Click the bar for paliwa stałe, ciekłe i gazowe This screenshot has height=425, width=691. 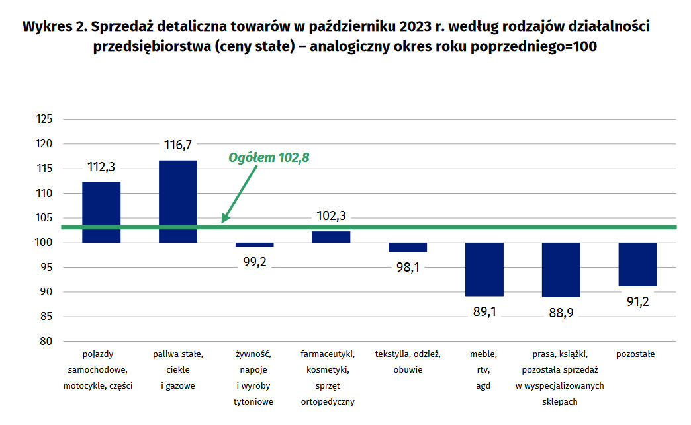(178, 201)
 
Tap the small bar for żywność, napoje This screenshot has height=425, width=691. (255, 245)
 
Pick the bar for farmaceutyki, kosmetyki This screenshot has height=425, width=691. (331, 237)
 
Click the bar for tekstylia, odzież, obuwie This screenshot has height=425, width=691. (408, 247)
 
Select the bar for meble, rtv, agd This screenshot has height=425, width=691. (484, 269)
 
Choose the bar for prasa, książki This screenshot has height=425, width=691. (561, 270)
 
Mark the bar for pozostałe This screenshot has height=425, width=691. (637, 264)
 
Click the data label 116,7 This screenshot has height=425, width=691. (178, 145)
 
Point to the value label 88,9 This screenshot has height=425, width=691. (561, 313)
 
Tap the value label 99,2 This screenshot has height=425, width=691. (255, 262)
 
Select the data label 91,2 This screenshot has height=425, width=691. (637, 301)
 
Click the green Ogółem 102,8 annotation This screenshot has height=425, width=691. (269, 158)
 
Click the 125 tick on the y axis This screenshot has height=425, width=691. (44, 119)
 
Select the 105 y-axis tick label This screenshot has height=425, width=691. (44, 218)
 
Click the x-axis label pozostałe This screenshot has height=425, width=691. (635, 354)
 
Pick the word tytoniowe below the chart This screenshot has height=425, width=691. (255, 401)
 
